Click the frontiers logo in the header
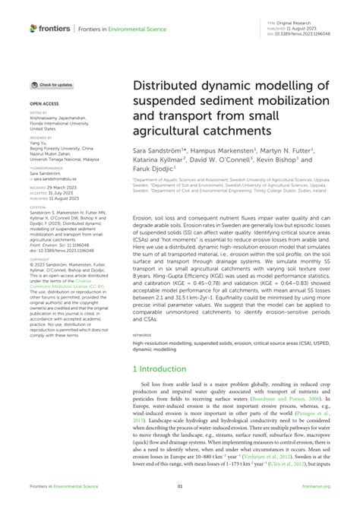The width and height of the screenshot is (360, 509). (49, 28)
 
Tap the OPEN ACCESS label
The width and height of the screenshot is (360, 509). (45, 101)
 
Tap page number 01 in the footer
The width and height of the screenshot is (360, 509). (180, 487)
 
